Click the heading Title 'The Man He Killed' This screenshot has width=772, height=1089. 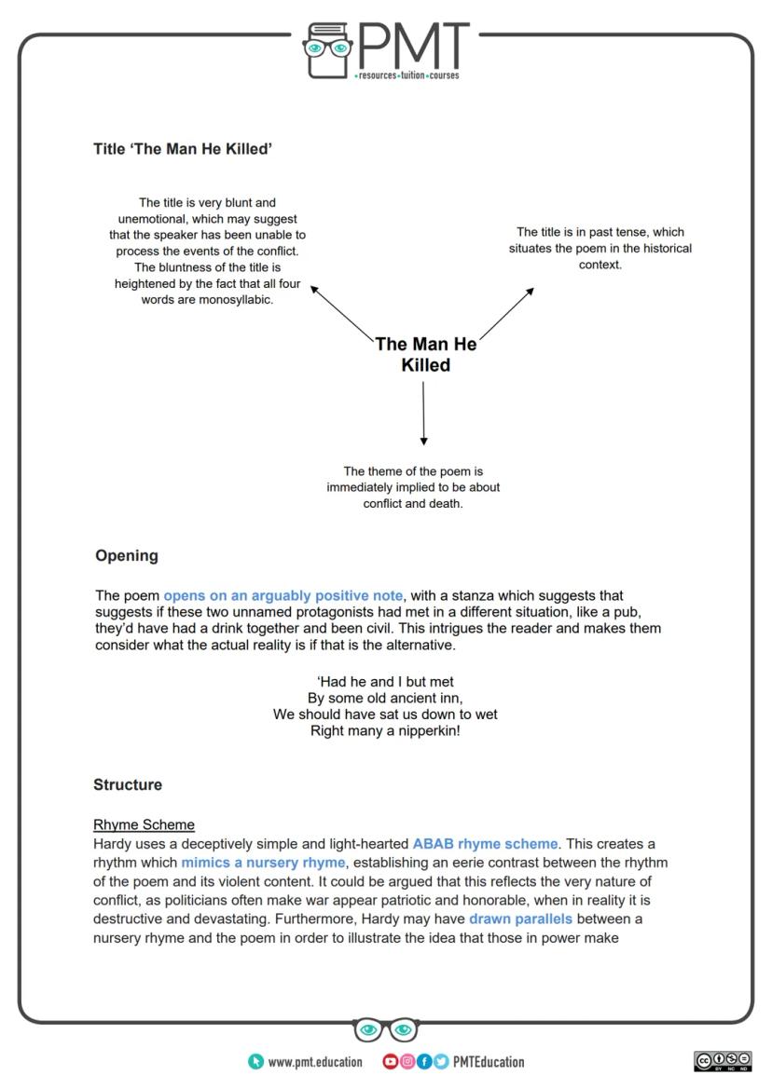(x=183, y=149)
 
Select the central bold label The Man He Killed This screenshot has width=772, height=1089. (x=426, y=355)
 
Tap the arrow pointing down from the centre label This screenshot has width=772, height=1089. (x=423, y=414)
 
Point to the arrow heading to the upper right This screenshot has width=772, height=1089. (x=507, y=312)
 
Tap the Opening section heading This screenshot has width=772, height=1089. (x=127, y=556)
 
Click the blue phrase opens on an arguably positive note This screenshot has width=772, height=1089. (x=283, y=595)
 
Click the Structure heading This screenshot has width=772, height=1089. (x=128, y=785)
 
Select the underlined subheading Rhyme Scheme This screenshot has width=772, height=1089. (x=144, y=824)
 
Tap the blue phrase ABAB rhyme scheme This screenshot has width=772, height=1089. (x=485, y=844)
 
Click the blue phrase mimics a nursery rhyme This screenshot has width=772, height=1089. (x=263, y=863)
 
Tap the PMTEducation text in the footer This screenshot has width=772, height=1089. (x=488, y=1062)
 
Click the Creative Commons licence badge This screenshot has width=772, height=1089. (x=723, y=1061)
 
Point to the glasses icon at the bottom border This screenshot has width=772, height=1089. (x=386, y=1030)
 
